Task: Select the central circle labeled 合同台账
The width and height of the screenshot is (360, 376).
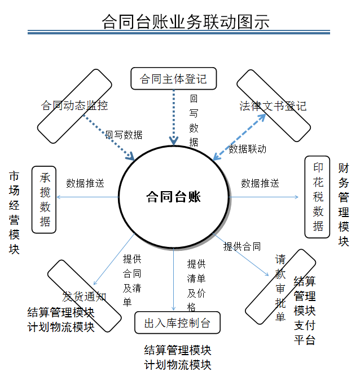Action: click(173, 197)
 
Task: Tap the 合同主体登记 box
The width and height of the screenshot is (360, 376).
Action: click(173, 78)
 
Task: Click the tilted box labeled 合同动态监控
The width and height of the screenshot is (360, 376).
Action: click(74, 106)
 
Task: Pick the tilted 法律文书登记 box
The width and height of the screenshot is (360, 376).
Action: click(273, 106)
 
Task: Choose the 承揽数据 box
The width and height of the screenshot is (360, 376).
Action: click(45, 200)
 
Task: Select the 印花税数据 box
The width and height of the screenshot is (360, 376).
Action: click(318, 197)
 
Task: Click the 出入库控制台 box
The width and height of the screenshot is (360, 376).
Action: click(177, 323)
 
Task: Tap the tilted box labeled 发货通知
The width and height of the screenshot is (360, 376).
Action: click(84, 296)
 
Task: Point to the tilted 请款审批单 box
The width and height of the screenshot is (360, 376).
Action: click(280, 287)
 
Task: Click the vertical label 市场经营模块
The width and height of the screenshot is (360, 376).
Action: click(14, 213)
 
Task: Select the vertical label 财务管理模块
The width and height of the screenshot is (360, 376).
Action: click(344, 205)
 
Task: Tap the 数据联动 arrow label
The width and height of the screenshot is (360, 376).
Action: click(247, 149)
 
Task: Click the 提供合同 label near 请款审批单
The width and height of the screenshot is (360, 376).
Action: click(242, 246)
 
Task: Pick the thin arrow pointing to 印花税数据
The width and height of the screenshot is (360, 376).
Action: click(265, 197)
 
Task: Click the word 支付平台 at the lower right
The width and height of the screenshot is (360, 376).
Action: click(305, 333)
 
